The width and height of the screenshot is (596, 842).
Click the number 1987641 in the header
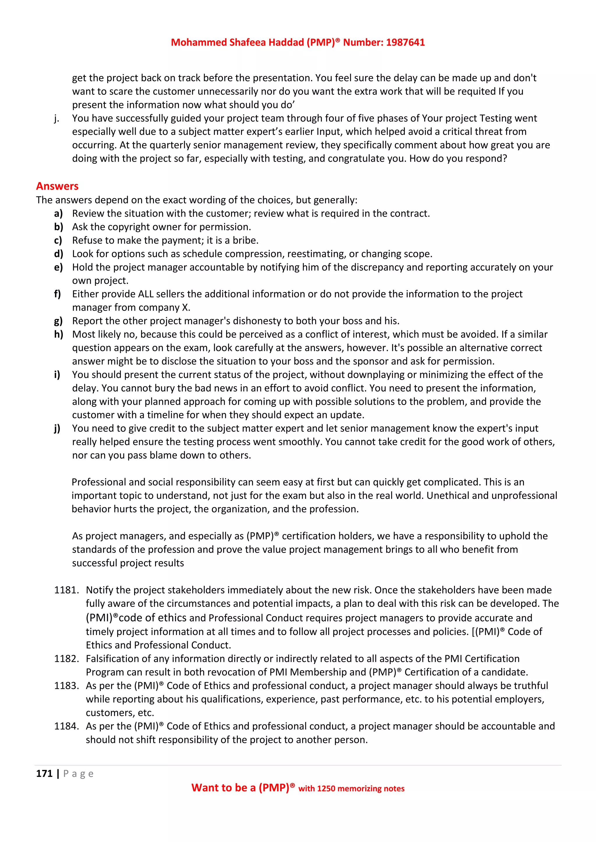point(405,42)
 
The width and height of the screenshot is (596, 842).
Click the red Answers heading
point(57,186)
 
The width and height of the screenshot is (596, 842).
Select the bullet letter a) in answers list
point(58,213)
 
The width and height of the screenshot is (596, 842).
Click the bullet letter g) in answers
point(58,321)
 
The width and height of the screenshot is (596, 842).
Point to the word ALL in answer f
point(146,294)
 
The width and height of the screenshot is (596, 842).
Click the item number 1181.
point(66,590)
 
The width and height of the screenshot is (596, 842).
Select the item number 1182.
point(66,659)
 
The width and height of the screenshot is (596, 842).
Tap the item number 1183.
point(66,686)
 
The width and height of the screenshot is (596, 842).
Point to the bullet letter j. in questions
point(56,118)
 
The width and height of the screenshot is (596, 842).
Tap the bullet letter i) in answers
point(57,375)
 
